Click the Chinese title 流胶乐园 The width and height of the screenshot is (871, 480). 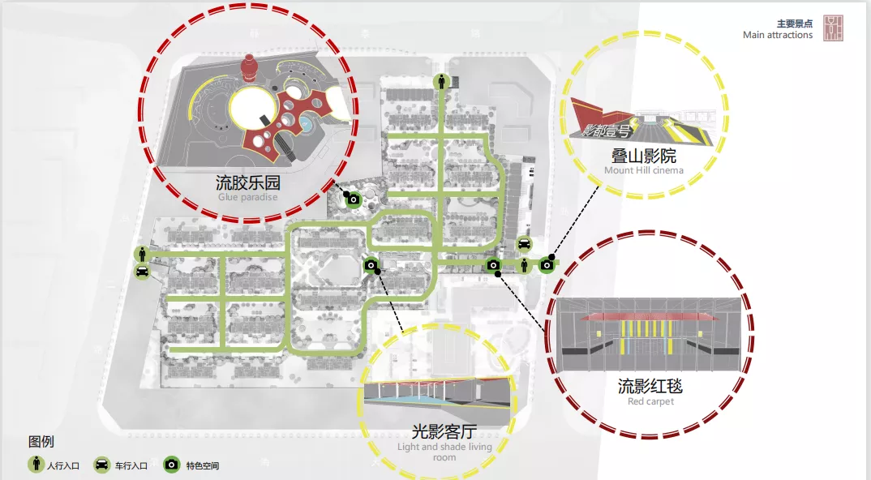click(x=247, y=182)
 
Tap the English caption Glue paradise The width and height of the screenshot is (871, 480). click(x=247, y=197)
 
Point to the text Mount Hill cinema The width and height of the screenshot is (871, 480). click(x=644, y=170)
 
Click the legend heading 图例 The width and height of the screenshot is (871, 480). click(x=41, y=442)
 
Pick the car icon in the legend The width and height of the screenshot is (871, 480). click(x=103, y=465)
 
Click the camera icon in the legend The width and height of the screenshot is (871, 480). click(x=172, y=465)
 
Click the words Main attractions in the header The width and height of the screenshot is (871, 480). click(x=778, y=35)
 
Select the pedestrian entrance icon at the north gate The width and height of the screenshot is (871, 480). click(x=442, y=81)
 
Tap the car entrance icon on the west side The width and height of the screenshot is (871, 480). click(x=142, y=272)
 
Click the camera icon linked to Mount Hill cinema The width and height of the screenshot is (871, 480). click(x=547, y=264)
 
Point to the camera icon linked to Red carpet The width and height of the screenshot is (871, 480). click(x=492, y=265)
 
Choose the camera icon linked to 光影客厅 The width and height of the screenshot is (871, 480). click(x=370, y=264)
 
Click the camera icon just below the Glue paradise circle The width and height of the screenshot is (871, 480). click(x=354, y=199)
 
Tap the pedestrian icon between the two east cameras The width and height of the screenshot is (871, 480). click(x=524, y=264)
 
